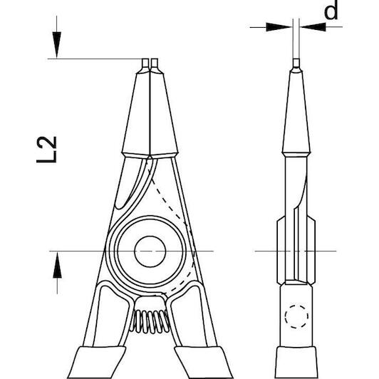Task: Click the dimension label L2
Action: pyautogui.click(x=46, y=150)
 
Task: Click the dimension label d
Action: pyautogui.click(x=331, y=10)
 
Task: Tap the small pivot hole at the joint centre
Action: pyautogui.click(x=150, y=251)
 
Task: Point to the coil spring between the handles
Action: pyautogui.click(x=150, y=321)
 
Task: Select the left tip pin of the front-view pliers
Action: pyautogui.click(x=145, y=63)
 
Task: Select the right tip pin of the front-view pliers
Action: pyautogui.click(x=155, y=63)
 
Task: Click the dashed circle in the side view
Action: pyautogui.click(x=296, y=316)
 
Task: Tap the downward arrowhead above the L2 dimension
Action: pyautogui.click(x=57, y=45)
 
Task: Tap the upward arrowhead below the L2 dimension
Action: pyautogui.click(x=57, y=265)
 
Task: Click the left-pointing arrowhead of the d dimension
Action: pyautogui.click(x=313, y=26)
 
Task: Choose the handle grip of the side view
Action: pyautogui.click(x=296, y=363)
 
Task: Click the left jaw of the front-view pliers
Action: pyautogui.click(x=137, y=113)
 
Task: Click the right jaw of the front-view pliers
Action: pyautogui.click(x=164, y=113)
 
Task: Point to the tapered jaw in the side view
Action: pyautogui.click(x=296, y=113)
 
